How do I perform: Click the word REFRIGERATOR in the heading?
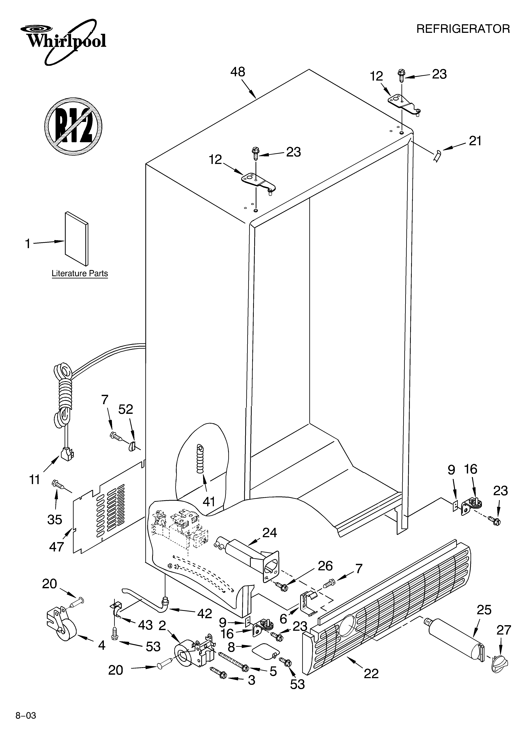click(x=463, y=29)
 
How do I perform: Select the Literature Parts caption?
click(x=80, y=273)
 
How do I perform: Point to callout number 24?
click(x=269, y=532)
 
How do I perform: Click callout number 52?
click(x=126, y=410)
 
